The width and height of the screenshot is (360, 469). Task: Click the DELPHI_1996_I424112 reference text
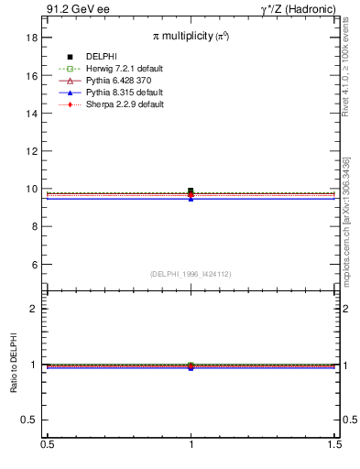coord(191,274)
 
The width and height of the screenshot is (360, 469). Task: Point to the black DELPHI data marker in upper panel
coord(191,191)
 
